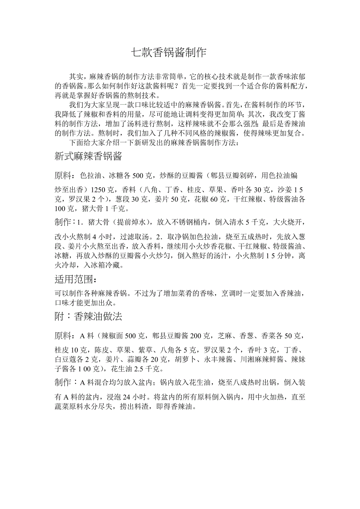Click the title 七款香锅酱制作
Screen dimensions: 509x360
pos(168,53)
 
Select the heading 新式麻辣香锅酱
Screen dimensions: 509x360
pos(88,157)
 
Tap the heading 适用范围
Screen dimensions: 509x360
pos(75,280)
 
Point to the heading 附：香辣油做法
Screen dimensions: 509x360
pos(88,317)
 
